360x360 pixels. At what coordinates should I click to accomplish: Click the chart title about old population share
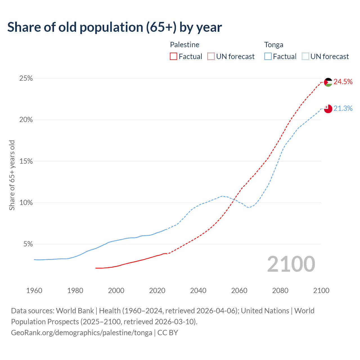[114, 27]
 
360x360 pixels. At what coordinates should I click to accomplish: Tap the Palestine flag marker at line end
[328, 82]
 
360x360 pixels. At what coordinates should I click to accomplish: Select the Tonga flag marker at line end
[328, 109]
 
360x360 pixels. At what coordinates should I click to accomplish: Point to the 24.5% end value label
[343, 82]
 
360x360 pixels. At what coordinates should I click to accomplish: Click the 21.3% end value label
[343, 109]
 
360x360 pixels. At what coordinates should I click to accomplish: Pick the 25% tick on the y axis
[26, 78]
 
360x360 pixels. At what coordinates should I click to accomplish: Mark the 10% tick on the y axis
[26, 203]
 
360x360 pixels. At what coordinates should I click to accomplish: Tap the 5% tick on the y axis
[28, 244]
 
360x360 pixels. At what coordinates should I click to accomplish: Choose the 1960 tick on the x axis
[34, 291]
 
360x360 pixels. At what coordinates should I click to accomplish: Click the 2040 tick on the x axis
[198, 291]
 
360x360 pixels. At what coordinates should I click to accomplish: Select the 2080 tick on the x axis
[280, 291]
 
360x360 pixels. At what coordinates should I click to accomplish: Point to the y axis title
[12, 175]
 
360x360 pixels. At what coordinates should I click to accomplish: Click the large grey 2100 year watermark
[291, 264]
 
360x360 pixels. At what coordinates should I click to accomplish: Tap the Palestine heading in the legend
[184, 45]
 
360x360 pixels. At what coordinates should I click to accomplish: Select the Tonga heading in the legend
[274, 45]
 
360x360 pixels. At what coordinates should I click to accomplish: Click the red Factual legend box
[174, 57]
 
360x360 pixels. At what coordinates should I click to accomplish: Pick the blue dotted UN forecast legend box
[305, 57]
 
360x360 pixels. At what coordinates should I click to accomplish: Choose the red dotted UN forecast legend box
[211, 57]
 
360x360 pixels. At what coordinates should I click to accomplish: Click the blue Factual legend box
[268, 57]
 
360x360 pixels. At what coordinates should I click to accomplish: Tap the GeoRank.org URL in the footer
[82, 333]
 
